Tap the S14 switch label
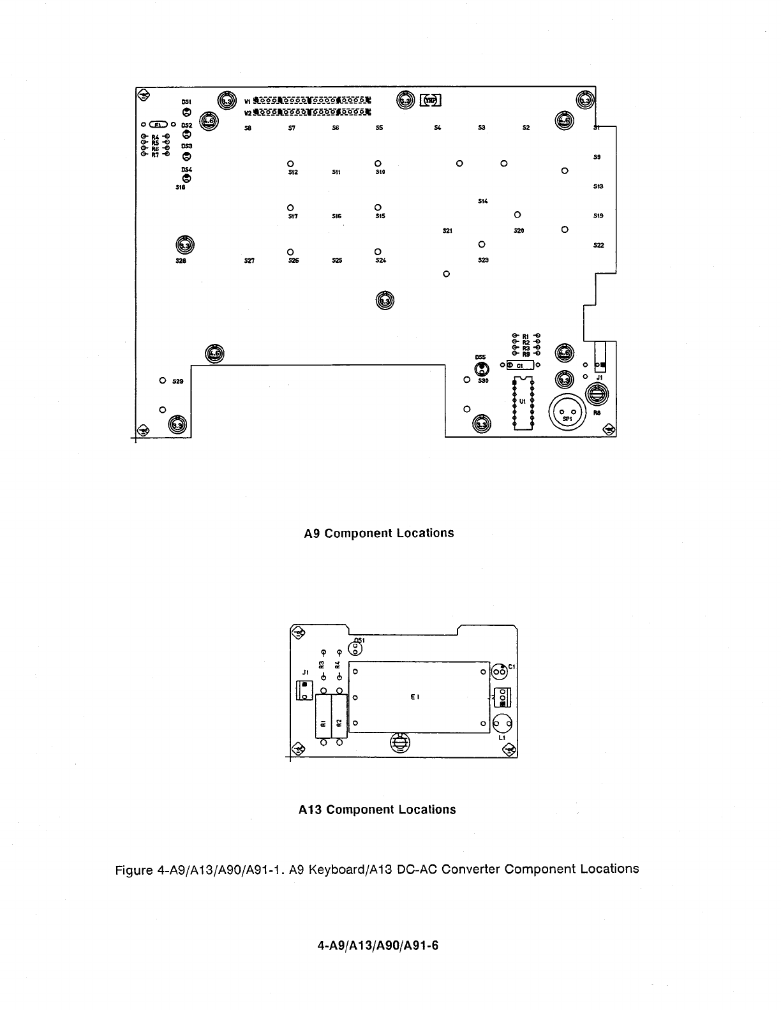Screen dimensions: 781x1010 click(482, 202)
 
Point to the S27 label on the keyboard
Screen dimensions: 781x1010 click(249, 260)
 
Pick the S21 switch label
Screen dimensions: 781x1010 click(447, 230)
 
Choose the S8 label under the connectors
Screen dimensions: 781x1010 click(248, 128)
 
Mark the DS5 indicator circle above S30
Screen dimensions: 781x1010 click(481, 368)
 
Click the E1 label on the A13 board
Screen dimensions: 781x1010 click(415, 697)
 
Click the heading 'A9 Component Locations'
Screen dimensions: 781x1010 click(379, 533)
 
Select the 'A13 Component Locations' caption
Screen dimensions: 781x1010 click(377, 810)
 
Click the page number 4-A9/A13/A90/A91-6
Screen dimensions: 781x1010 click(378, 946)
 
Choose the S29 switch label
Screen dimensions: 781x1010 click(178, 381)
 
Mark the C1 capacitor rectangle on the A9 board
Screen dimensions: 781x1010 click(520, 366)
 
